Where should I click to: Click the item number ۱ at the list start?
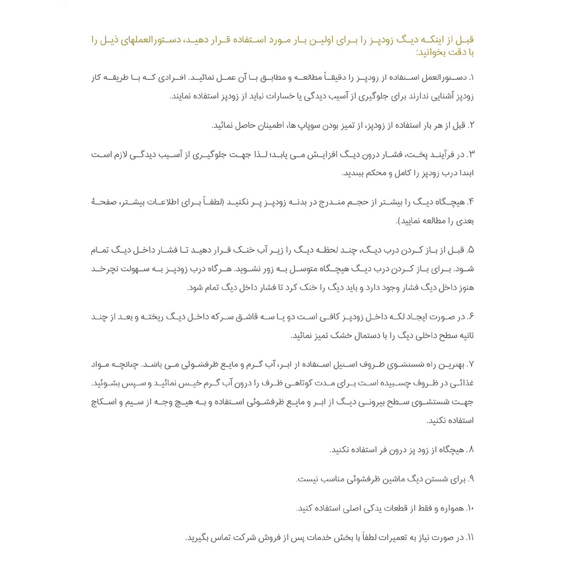click(x=472, y=77)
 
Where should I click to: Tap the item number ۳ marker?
click(x=471, y=154)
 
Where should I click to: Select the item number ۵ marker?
click(x=471, y=250)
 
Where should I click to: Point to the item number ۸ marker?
click(x=471, y=450)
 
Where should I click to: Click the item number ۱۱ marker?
click(x=470, y=538)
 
